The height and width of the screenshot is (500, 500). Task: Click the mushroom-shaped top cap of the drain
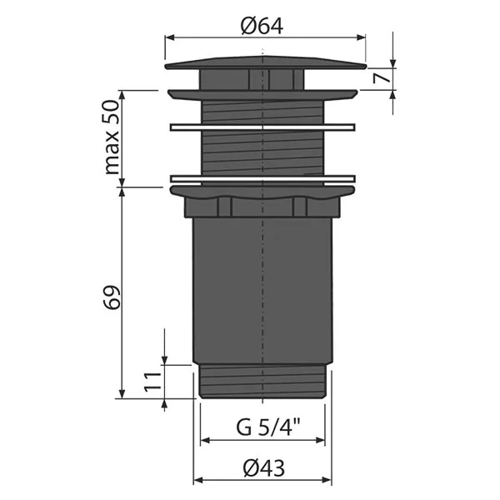[265, 63]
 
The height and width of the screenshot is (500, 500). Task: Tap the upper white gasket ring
[262, 127]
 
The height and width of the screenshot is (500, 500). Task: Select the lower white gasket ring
[262, 177]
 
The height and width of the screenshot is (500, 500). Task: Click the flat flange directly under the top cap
[262, 92]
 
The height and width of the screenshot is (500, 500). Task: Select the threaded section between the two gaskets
[262, 152]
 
